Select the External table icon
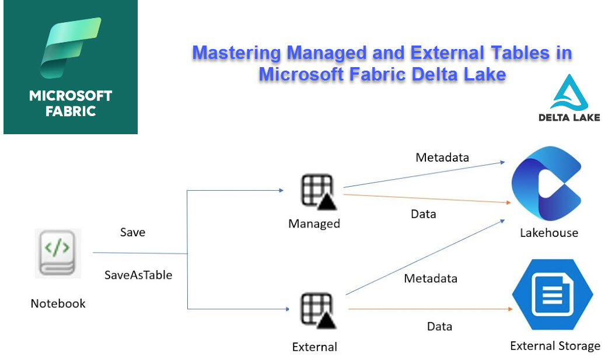pyautogui.click(x=316, y=312)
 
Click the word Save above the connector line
pyautogui.click(x=132, y=232)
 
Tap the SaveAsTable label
pyautogui.click(x=138, y=275)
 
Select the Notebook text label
pyautogui.click(x=58, y=303)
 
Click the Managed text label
pyautogui.click(x=314, y=223)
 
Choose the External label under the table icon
pyautogui.click(x=315, y=347)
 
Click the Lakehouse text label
pyautogui.click(x=549, y=233)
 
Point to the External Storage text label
pyautogui.click(x=555, y=346)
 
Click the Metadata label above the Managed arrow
pyautogui.click(x=442, y=157)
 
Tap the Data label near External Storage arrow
pyautogui.click(x=439, y=326)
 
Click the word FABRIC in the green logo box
pyautogui.click(x=71, y=111)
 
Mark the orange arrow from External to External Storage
pyautogui.click(x=426, y=307)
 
